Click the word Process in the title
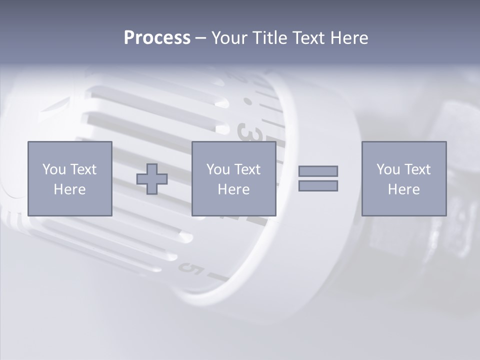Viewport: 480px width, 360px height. pyautogui.click(x=157, y=38)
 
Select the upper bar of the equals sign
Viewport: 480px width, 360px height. pyautogui.click(x=318, y=171)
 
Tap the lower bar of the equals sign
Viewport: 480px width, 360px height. pyautogui.click(x=318, y=185)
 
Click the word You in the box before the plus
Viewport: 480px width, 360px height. pyautogui.click(x=54, y=169)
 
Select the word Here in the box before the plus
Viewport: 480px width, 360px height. pyautogui.click(x=69, y=189)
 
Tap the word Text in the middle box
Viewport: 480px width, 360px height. pyautogui.click(x=247, y=169)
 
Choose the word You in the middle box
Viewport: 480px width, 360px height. pyautogui.click(x=218, y=169)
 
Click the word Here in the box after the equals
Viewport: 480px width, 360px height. pyautogui.click(x=403, y=189)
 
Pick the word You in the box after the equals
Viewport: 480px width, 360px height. pyautogui.click(x=388, y=169)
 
